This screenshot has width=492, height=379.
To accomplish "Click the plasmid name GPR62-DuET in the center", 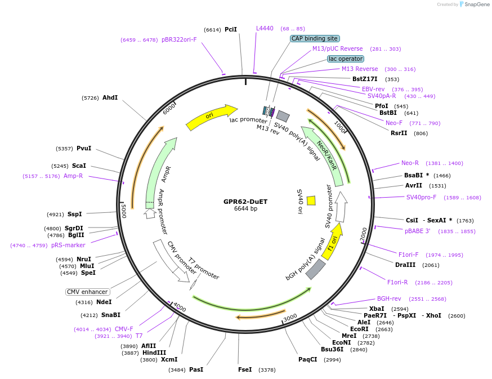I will coord(245,201).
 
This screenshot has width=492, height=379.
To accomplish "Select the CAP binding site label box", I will coord(315,38).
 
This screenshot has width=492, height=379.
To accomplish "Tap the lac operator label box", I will coord(346,59).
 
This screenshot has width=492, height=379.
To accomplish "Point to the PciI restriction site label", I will coord(231,29).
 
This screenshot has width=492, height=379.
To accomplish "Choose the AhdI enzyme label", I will coord(110,97).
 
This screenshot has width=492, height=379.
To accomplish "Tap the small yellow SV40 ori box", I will coord(311,200).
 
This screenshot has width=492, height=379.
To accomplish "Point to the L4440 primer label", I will coord(265,28).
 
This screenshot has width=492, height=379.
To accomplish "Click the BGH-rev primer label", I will coord(389,298).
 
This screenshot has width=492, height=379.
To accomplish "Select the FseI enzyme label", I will coord(245,369).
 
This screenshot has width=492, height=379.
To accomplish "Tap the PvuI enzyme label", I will coord(84,148).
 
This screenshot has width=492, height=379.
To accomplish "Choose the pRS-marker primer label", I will coord(68,245).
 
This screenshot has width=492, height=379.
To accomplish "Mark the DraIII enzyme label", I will coord(405,265).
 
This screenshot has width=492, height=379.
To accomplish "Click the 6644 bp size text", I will coord(245,209).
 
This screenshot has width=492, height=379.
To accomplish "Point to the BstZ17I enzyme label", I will coord(365,79).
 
